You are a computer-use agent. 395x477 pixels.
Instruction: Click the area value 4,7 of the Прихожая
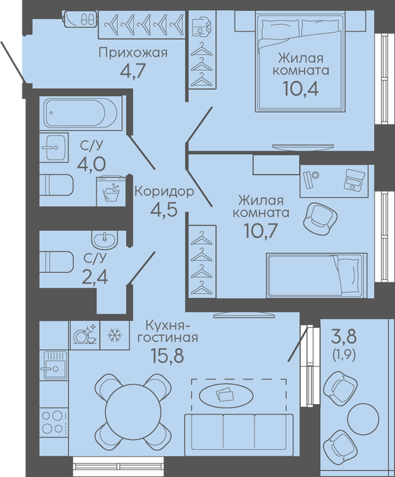click(x=133, y=71)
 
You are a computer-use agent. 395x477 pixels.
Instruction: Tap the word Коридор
click(x=164, y=192)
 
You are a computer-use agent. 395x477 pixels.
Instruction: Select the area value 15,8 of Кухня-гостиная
click(x=168, y=355)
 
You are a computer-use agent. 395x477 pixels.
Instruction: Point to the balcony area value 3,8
click(x=344, y=337)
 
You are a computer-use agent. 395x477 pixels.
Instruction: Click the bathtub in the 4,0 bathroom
click(x=80, y=112)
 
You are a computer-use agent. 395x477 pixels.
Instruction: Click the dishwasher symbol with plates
click(x=85, y=335)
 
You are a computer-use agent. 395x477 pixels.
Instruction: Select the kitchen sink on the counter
click(x=54, y=365)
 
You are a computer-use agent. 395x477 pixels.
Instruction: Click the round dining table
click(x=133, y=411)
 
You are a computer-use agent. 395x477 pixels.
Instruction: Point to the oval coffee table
click(x=225, y=395)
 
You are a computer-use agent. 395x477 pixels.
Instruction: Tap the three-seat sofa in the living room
click(x=239, y=435)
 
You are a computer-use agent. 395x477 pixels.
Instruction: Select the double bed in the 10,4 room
click(x=300, y=62)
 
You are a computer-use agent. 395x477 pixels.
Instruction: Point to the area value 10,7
click(x=260, y=230)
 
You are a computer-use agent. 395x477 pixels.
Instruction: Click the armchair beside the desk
click(x=320, y=218)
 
